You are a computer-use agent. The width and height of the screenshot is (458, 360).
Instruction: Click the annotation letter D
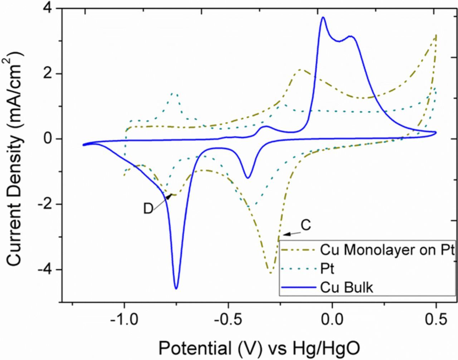(148, 209)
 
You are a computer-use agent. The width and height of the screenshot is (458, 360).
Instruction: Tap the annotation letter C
(306, 226)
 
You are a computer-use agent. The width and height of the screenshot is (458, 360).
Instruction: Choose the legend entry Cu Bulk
(346, 287)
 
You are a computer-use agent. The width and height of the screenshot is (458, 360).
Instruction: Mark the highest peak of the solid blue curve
(323, 17)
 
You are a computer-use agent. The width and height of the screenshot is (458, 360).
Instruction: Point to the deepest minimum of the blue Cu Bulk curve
(176, 288)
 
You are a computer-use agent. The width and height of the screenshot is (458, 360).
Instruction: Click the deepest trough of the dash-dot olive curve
(271, 273)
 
